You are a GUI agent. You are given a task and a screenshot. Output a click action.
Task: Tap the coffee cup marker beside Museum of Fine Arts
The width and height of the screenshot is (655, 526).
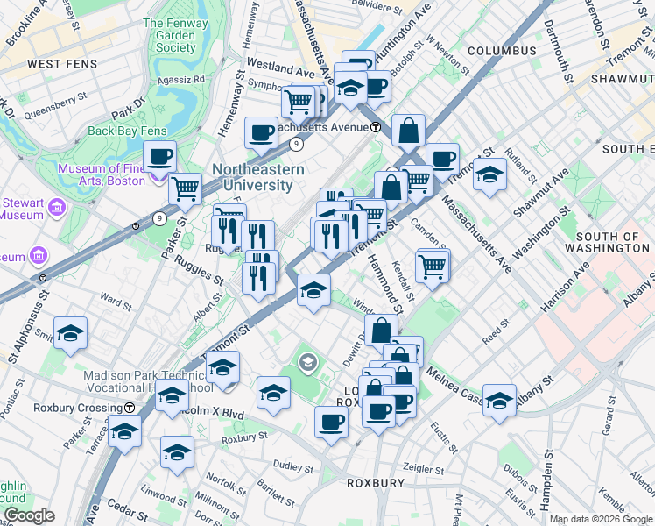pyautogui.click(x=159, y=158)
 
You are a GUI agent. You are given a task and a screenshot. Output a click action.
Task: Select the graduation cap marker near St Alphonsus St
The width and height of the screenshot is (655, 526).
pyautogui.click(x=70, y=334)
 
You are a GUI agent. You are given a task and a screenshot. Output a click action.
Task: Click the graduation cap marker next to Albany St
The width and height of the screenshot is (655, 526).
pyautogui.click(x=499, y=401)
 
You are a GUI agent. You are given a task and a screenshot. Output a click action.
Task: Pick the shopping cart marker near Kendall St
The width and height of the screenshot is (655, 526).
pyautogui.click(x=433, y=266)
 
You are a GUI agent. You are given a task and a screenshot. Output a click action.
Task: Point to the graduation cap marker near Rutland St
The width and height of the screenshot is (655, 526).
pyautogui.click(x=489, y=174)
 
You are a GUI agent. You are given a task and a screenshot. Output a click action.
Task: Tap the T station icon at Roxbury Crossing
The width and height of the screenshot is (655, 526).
pyautogui.click(x=130, y=408)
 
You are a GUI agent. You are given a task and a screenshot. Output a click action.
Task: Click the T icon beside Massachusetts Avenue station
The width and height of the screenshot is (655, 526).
pyautogui.click(x=375, y=127)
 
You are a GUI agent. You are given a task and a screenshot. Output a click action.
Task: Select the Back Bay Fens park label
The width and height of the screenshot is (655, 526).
pyautogui.click(x=127, y=131)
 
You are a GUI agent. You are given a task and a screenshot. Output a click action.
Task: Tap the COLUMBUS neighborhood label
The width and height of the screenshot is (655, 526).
pyautogui.click(x=501, y=51)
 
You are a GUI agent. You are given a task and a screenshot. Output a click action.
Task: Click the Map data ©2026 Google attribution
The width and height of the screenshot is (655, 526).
pyautogui.click(x=600, y=519)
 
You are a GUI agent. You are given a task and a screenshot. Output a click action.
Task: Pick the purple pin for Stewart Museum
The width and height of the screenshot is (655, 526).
pyautogui.click(x=58, y=208)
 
